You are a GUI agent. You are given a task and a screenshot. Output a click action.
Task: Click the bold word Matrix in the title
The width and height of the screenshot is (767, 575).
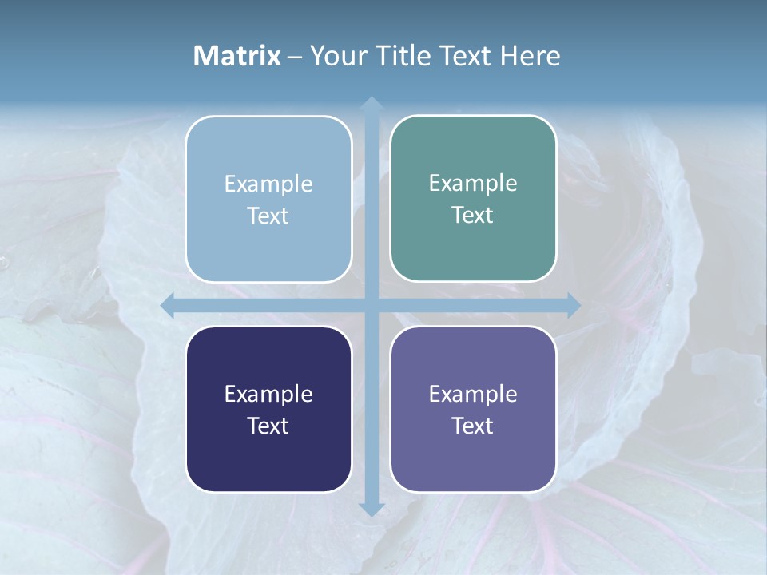tap(236, 56)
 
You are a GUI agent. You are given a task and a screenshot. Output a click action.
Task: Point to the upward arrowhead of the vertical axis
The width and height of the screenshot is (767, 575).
tap(371, 105)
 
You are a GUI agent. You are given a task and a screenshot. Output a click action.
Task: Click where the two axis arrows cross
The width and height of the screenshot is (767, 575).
tap(371, 306)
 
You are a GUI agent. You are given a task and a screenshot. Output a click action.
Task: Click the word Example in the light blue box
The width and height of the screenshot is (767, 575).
tap(268, 184)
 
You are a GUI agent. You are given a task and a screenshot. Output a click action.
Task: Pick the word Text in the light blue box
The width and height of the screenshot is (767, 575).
tap(268, 216)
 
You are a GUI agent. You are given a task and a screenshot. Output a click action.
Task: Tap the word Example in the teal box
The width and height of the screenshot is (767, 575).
tap(473, 183)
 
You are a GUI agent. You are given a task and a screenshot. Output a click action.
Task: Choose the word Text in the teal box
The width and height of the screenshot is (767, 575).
tap(473, 215)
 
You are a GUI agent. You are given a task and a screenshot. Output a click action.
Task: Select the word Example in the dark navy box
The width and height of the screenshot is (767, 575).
tap(268, 394)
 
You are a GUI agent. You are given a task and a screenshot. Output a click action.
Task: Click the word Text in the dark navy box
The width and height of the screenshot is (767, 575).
tap(268, 426)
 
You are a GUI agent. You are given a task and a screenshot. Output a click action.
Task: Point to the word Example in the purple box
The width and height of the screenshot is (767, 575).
tap(473, 394)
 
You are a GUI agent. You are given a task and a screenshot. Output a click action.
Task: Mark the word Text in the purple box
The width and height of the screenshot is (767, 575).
tap(473, 426)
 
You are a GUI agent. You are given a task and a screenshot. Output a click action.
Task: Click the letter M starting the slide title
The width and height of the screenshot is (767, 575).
tap(204, 56)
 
